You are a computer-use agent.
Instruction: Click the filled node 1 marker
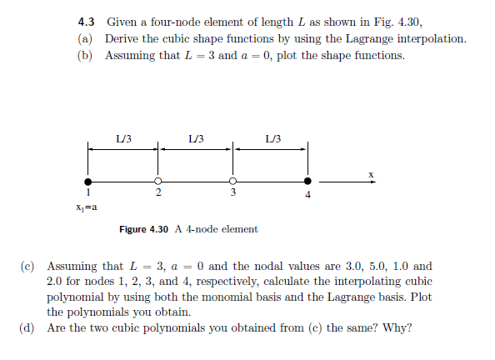(x=87, y=181)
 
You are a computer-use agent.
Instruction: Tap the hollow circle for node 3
(x=233, y=181)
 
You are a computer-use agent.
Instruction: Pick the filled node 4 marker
(x=307, y=181)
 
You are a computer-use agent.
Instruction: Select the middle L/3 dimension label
(x=196, y=137)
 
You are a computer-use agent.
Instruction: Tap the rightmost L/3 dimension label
(x=272, y=137)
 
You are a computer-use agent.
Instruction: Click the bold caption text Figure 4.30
(x=144, y=229)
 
